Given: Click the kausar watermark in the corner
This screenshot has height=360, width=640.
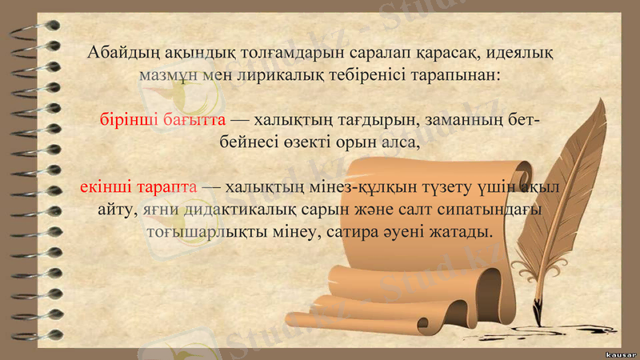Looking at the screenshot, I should [620, 353].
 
